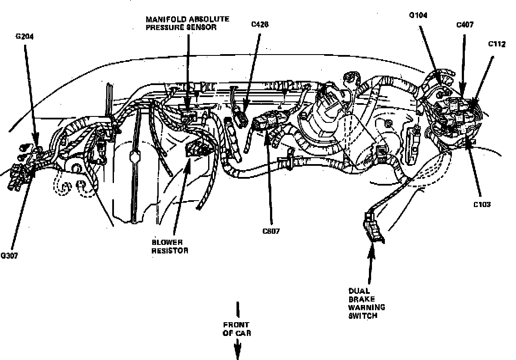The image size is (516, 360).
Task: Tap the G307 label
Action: click(9, 255)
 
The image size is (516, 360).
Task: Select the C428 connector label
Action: click(260, 24)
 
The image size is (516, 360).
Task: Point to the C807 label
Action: click(271, 231)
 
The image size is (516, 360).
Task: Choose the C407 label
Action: click(465, 25)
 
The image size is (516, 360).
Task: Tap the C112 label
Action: click(497, 44)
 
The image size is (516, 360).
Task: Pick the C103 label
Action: click(482, 204)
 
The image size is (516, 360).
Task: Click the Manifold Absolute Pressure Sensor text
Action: click(187, 23)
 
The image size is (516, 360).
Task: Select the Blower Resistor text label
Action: click(170, 247)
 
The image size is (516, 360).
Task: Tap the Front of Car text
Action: click(236, 329)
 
